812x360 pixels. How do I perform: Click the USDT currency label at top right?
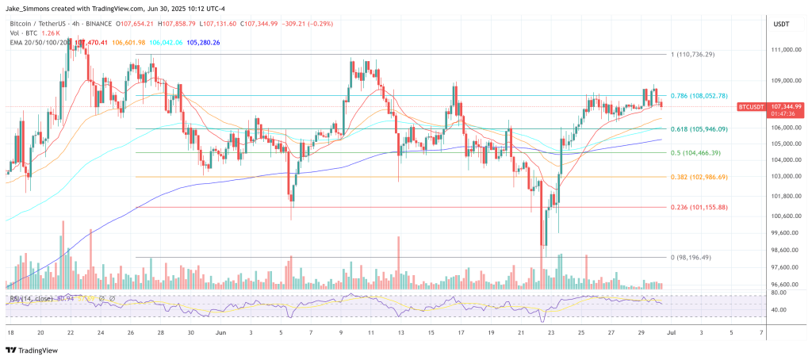[x=781, y=25]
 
